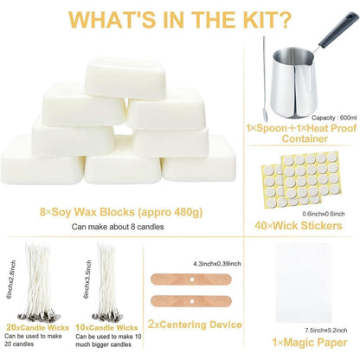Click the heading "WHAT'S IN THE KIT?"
click(x=179, y=20)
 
